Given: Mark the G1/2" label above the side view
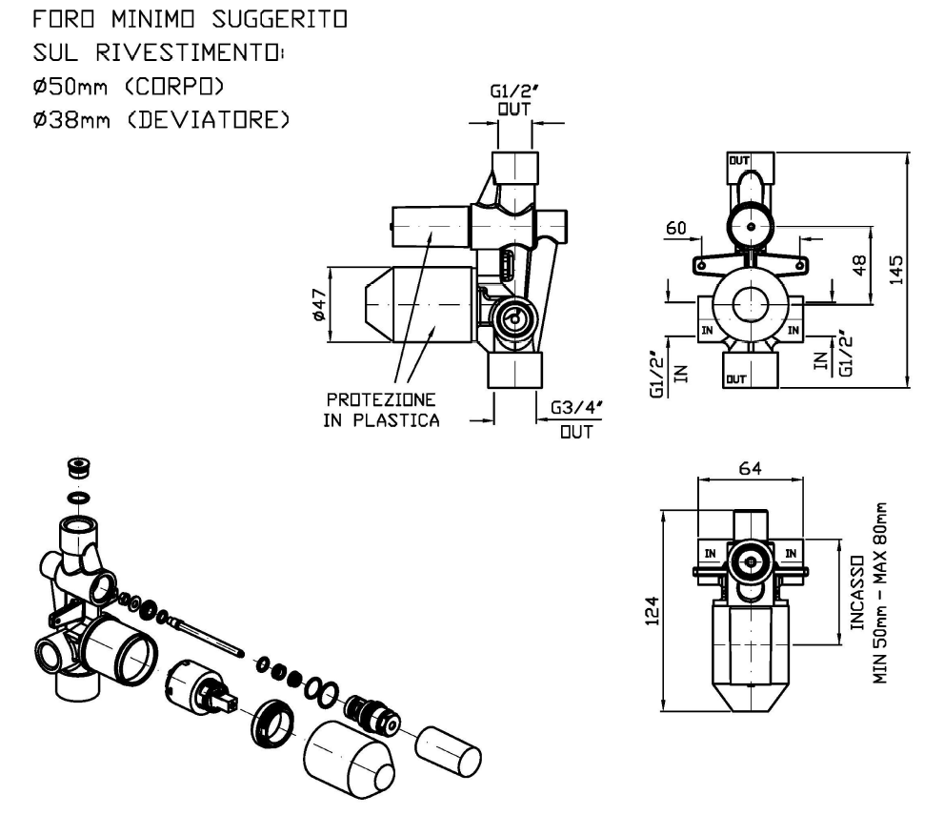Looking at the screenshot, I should [x=514, y=93].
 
